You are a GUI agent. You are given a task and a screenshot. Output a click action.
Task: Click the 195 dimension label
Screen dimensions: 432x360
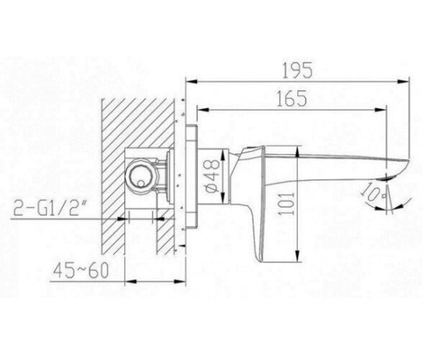298,70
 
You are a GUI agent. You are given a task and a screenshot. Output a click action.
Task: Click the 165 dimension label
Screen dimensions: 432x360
292,98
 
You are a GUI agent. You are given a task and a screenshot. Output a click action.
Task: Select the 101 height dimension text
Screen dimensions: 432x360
288,204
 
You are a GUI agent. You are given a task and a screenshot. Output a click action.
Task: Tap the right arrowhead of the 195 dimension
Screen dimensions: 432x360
403,81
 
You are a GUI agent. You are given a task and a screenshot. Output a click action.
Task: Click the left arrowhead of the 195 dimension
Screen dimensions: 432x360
192,81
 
